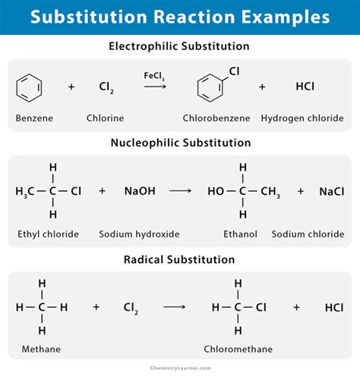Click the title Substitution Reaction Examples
coord(180,17)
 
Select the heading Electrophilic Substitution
coord(180,46)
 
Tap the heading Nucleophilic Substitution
coord(180,142)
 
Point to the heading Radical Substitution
coord(180,259)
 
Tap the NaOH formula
coord(140,192)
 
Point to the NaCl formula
coord(331,192)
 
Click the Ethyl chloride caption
coord(47,234)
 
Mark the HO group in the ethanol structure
coord(216,192)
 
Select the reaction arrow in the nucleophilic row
coord(180,192)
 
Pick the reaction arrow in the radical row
coord(175,307)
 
